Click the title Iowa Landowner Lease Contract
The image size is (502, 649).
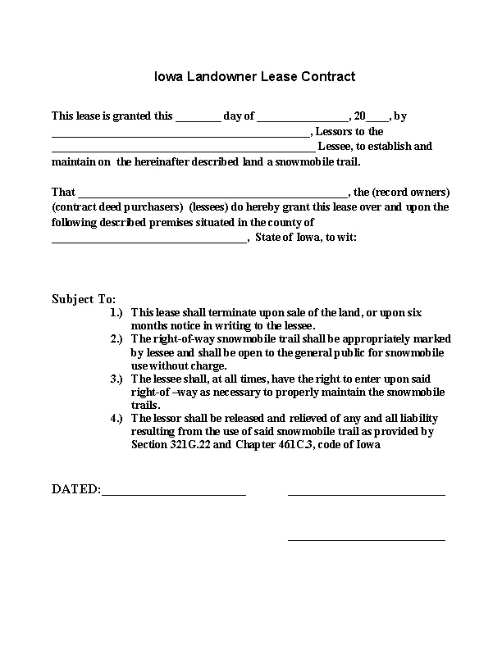coord(254,77)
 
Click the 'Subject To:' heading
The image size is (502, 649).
coord(84,298)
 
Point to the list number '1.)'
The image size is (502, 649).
coord(116,313)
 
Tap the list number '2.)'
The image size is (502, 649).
coord(116,338)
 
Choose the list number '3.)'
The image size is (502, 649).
coord(116,379)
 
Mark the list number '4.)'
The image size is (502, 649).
coord(116,418)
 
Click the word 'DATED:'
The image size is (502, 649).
coord(75,489)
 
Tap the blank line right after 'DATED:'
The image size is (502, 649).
coord(173,494)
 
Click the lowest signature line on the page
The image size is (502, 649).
coord(366,539)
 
